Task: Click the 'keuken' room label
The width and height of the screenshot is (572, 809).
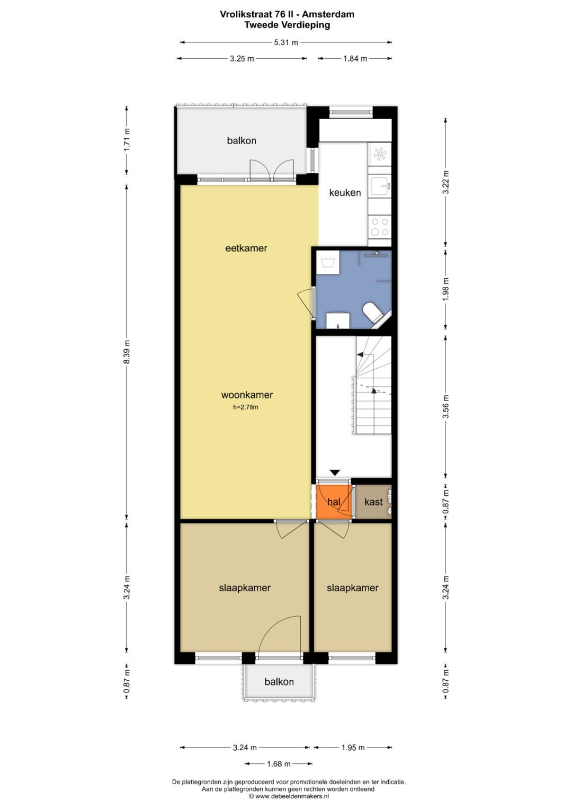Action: [345, 193]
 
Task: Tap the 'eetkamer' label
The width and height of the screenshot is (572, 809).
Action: [246, 248]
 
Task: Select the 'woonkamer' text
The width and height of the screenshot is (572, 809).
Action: [247, 395]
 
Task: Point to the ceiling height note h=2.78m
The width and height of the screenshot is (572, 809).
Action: [246, 407]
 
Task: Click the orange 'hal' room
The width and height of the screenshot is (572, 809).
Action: [333, 502]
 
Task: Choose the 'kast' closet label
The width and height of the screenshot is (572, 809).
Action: [373, 502]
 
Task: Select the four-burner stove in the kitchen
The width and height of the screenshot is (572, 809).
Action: [380, 227]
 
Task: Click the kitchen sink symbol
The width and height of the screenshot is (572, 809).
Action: [380, 186]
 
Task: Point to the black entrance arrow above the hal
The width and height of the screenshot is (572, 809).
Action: [334, 473]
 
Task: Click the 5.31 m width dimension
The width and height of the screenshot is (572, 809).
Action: [286, 42]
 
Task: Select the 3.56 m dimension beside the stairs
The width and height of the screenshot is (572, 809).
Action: [445, 406]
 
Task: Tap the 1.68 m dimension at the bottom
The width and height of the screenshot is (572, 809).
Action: [279, 763]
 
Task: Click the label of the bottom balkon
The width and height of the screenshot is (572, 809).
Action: [279, 682]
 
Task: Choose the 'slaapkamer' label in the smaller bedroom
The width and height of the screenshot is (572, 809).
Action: [352, 588]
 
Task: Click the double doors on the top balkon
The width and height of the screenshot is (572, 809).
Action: [272, 170]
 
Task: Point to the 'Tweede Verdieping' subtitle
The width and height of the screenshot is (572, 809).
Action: [287, 25]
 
